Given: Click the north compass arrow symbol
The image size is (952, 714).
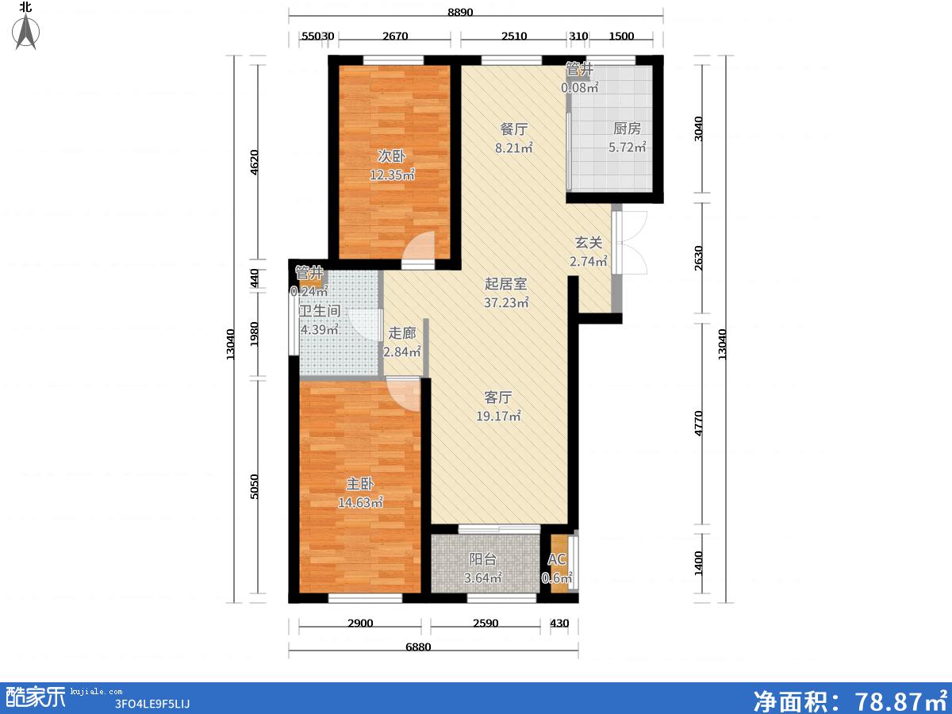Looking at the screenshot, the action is (x=25, y=31).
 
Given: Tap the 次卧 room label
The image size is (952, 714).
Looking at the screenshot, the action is (x=391, y=155).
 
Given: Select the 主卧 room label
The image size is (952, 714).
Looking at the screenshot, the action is (x=360, y=483).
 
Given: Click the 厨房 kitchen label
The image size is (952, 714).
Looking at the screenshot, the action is (x=627, y=128).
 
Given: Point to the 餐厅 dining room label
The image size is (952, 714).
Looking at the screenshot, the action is (x=513, y=129).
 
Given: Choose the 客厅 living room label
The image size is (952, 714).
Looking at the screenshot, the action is (x=498, y=397).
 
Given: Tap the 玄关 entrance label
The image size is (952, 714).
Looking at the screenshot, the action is (x=589, y=242).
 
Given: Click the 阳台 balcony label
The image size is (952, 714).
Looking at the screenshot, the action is (x=482, y=559).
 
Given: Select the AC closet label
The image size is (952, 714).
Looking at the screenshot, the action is (x=556, y=559).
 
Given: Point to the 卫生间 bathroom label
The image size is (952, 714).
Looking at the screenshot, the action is (x=320, y=310).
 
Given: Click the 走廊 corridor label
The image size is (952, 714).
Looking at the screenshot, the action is (x=402, y=333).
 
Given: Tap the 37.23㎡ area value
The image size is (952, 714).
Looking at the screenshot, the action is (x=506, y=302).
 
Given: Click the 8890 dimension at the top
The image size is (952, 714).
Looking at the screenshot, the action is (x=460, y=12).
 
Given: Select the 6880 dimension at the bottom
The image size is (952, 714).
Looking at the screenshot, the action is (x=418, y=647).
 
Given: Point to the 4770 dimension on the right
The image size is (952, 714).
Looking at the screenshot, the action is (x=698, y=424).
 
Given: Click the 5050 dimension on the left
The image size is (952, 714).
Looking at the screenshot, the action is (x=254, y=486).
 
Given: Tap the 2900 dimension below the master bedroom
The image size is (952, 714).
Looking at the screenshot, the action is (x=360, y=624).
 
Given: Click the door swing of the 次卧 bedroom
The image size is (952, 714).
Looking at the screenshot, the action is (x=419, y=248).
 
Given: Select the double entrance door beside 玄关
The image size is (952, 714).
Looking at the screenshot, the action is (x=630, y=243).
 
